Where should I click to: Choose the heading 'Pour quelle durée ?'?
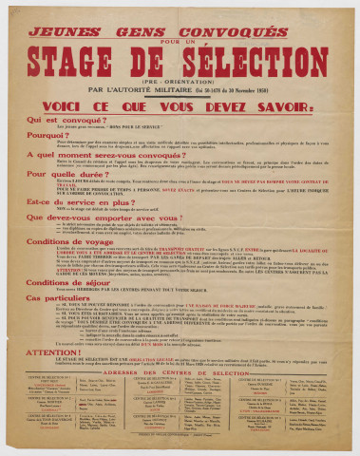pyautogui.click(x=62, y=175)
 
